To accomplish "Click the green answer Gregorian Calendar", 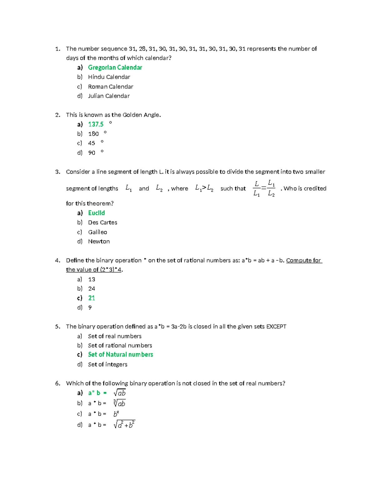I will coord(115,67).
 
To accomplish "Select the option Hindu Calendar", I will coord(109,77).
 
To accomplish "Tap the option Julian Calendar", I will coord(108,96).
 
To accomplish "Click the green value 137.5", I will coord(96,124).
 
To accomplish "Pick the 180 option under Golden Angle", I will coord(93,134).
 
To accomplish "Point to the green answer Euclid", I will coord(96,213).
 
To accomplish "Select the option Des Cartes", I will coord(102,222).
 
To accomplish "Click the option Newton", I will coord(99,241).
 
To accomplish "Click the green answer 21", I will coord(91,298).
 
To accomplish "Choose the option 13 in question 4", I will coord(92,279).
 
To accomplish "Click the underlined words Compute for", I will coord(303,260).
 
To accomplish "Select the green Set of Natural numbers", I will coord(120,354).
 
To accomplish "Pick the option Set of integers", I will coord(107,364).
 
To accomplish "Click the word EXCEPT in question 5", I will coord(276,327).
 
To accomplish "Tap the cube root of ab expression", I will coord(119,403).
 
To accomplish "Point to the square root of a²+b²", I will coord(124,424).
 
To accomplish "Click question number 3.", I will coord(57,172).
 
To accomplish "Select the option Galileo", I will coord(97,232).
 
